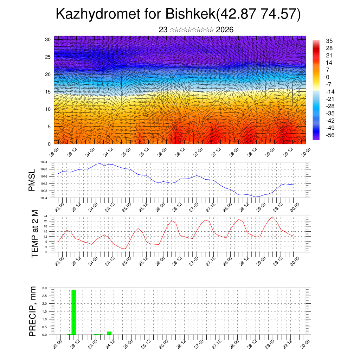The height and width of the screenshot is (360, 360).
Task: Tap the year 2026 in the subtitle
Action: pyautogui.click(x=225, y=30)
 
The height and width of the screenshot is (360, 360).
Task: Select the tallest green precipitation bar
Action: pyautogui.click(x=74, y=312)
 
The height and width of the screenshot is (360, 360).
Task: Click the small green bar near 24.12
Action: pyautogui.click(x=109, y=333)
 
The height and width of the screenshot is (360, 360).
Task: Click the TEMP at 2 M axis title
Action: pyautogui.click(x=34, y=233)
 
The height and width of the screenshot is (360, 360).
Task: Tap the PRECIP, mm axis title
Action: pyautogui.click(x=33, y=311)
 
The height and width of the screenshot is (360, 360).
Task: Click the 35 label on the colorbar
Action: pyautogui.click(x=329, y=41)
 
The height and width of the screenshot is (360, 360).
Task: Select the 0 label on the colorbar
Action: pyautogui.click(x=328, y=77)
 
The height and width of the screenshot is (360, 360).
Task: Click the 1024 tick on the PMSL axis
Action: pyautogui.click(x=44, y=162)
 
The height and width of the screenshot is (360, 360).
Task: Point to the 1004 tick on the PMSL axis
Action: pyautogui.click(x=44, y=198)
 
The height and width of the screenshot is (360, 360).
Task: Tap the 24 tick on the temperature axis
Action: pyautogui.click(x=45, y=216)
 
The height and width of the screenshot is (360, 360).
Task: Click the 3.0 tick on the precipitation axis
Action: pyautogui.click(x=44, y=288)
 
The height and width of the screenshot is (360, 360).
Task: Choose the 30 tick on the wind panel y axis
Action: pyautogui.click(x=48, y=39)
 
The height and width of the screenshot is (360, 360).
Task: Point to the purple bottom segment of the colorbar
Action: pyautogui.click(x=316, y=138)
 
